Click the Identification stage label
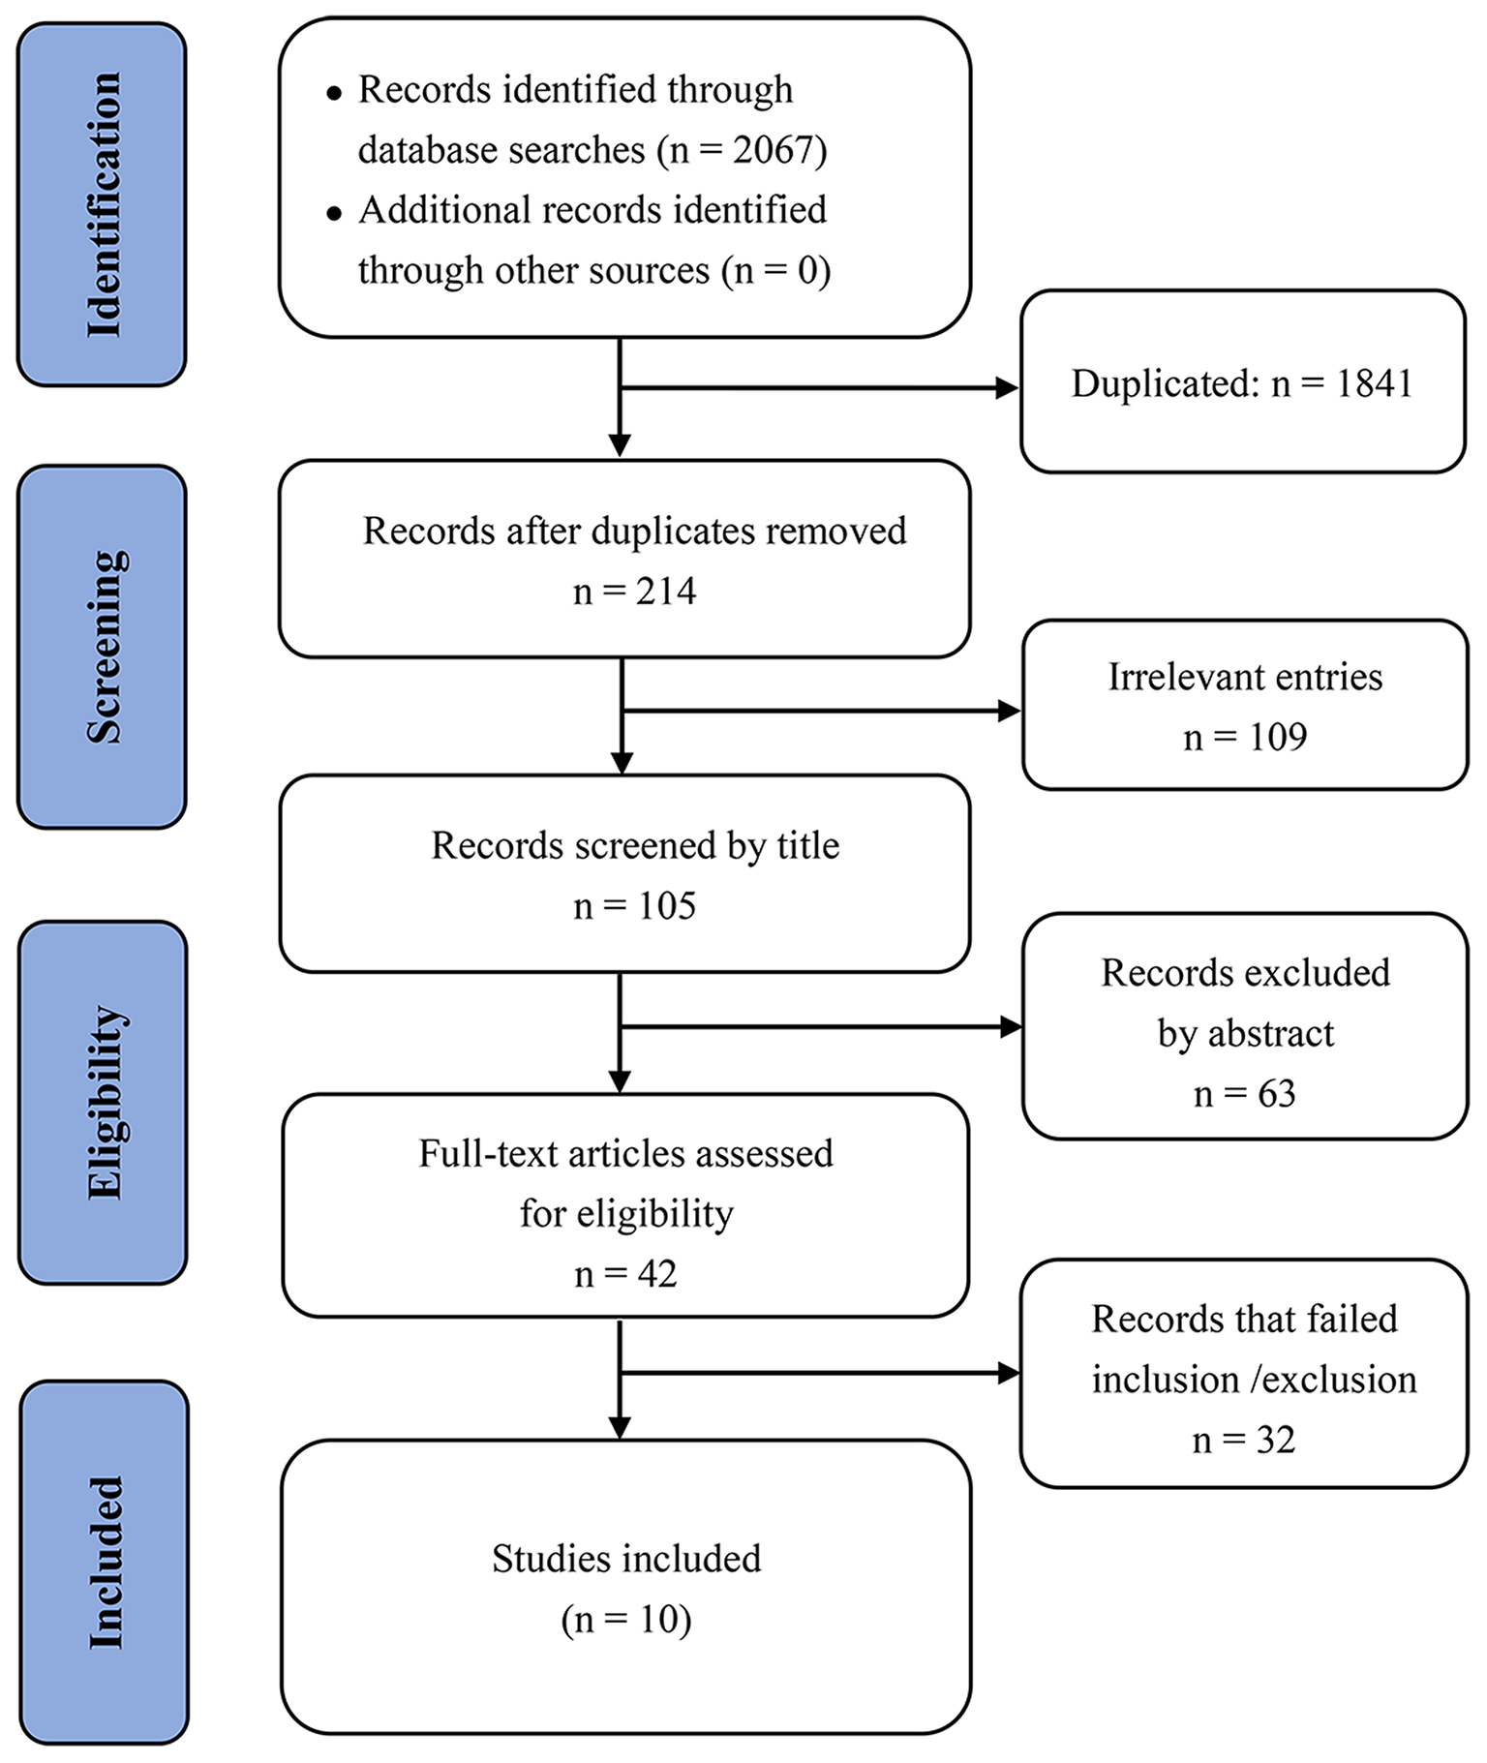[x=103, y=204]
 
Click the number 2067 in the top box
[x=774, y=150]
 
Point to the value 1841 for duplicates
[x=1374, y=383]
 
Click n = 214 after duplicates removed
[x=634, y=591]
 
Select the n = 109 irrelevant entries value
[x=1245, y=737]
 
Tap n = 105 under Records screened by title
[x=634, y=905]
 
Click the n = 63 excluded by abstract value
[x=1245, y=1093]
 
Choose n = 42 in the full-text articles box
[x=625, y=1273]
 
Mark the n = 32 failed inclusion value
[x=1243, y=1440]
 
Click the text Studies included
[x=626, y=1559]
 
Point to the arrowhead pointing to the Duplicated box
[x=1008, y=388]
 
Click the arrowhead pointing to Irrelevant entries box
[x=1010, y=711]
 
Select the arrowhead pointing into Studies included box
[x=620, y=1427]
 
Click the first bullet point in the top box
[x=335, y=94]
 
